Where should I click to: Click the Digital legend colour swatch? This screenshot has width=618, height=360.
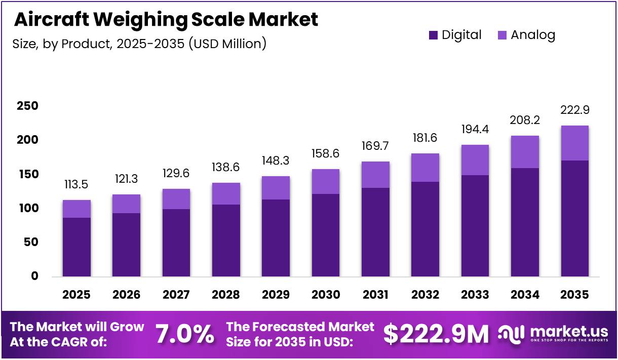[x=433, y=35]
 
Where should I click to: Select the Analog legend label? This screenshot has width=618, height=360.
[x=533, y=35]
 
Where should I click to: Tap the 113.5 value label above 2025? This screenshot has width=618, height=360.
[x=76, y=184]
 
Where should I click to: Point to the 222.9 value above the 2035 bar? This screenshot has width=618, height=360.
[x=575, y=110]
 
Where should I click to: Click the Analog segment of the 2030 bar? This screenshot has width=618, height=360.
[x=325, y=181]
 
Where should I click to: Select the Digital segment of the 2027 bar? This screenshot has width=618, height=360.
[x=176, y=243]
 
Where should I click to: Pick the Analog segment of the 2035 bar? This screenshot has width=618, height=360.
[x=575, y=143]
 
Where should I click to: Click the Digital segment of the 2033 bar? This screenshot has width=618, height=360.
[x=475, y=226]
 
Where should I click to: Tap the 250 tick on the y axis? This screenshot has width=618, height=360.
[x=27, y=106]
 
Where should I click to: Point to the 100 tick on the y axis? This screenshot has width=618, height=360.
[x=27, y=208]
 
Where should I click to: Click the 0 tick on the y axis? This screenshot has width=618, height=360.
[x=34, y=276]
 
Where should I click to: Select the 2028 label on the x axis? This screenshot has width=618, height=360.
[x=225, y=295]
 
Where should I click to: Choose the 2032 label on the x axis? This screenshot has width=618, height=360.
[x=425, y=295]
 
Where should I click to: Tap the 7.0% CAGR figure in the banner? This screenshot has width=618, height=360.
[x=184, y=334]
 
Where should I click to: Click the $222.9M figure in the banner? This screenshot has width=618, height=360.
[x=436, y=334]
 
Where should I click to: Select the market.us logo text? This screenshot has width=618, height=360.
[x=569, y=332]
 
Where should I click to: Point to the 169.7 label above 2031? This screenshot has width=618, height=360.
[x=375, y=147]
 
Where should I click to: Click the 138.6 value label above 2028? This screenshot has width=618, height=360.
[x=225, y=168]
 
